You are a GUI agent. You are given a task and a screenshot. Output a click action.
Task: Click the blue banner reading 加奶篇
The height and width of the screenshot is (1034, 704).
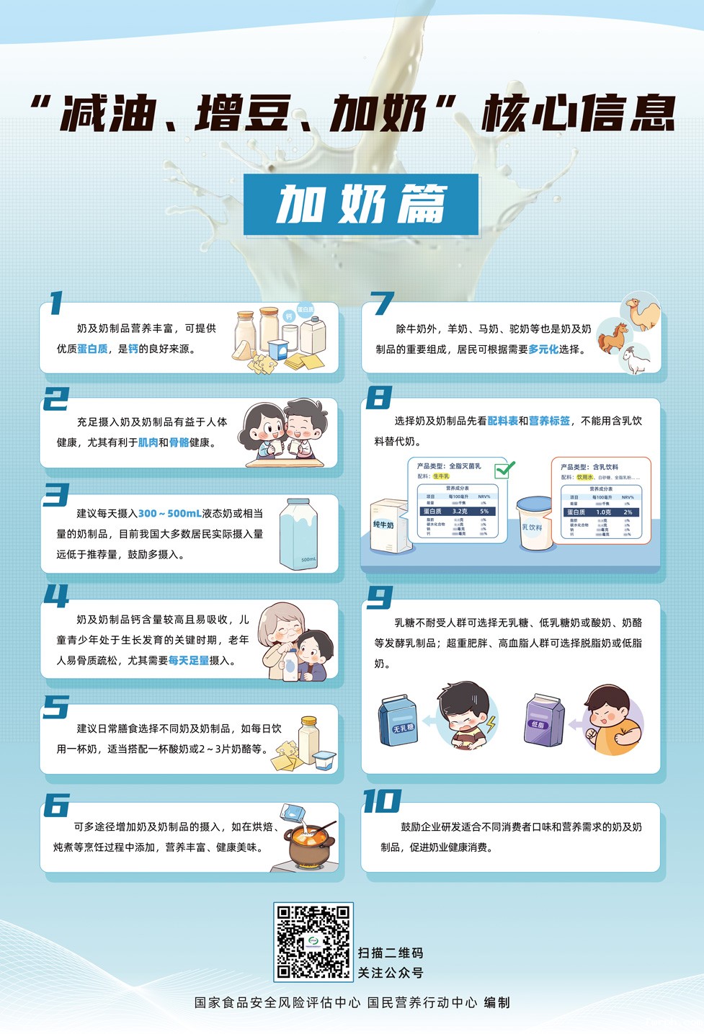coord(361,205)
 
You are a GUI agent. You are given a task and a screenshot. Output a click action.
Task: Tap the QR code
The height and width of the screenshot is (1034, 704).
coord(313,941)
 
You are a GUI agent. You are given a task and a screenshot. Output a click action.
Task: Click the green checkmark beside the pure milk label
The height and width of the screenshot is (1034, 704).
coord(504,470)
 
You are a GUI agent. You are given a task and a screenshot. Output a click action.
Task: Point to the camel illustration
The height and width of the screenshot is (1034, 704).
coord(641,314)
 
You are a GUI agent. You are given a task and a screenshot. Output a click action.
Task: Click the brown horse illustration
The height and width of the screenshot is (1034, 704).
coord(612,337)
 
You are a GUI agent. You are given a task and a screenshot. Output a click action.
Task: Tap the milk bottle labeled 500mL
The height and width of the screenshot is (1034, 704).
coord(298,534)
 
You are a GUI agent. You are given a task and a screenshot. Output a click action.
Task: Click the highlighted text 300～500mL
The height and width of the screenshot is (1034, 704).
coord(170,514)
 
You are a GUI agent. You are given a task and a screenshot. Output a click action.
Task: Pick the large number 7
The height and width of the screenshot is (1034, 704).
coord(381,303)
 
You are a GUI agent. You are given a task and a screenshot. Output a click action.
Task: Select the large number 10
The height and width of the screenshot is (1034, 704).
coord(381,801)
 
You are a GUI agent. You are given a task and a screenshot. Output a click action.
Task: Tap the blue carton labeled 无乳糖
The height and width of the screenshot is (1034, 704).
coord(398,720)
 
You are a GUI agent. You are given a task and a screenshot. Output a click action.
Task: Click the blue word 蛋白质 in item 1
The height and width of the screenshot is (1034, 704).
coord(92,349)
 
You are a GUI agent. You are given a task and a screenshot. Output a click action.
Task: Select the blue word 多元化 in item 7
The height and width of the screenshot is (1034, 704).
coord(543,349)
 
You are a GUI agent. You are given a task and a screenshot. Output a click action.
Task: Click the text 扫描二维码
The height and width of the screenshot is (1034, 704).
coord(391,953)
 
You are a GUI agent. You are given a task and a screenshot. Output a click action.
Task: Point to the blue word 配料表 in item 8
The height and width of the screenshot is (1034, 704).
coord(502,421)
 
